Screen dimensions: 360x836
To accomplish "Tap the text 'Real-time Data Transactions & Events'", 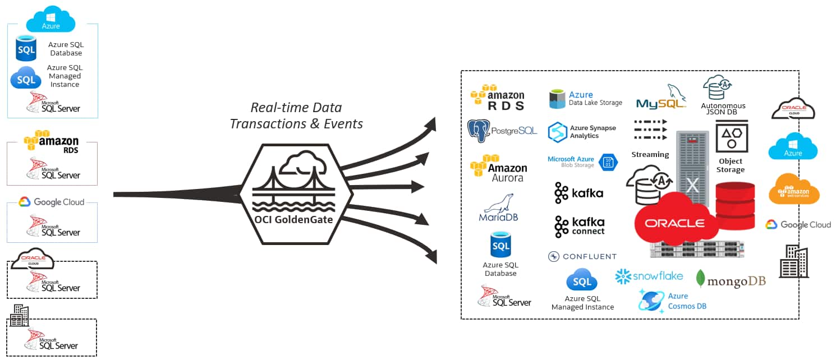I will (296, 116).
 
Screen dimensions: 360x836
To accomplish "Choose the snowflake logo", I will (649, 276).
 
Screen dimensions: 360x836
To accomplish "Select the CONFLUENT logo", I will (582, 256).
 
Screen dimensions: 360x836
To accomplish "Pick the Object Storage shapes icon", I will (731, 136).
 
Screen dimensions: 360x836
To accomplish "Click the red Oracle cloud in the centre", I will (675, 223).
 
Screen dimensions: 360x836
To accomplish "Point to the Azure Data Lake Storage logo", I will (586, 99).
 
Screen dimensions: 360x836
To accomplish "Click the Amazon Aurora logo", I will (498, 169).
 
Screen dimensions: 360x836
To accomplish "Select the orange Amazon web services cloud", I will (793, 189).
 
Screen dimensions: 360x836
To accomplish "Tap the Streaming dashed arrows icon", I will (650, 130).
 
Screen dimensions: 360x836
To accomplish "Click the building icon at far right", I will (793, 261).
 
